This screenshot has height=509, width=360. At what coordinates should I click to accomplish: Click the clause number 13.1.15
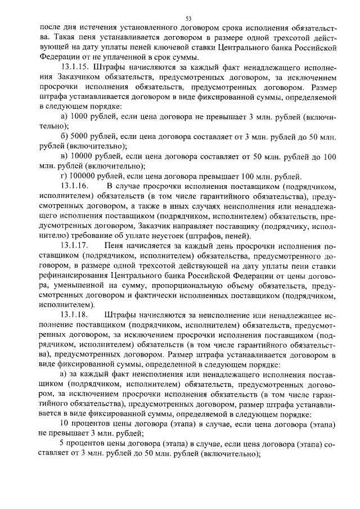point(74,67)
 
